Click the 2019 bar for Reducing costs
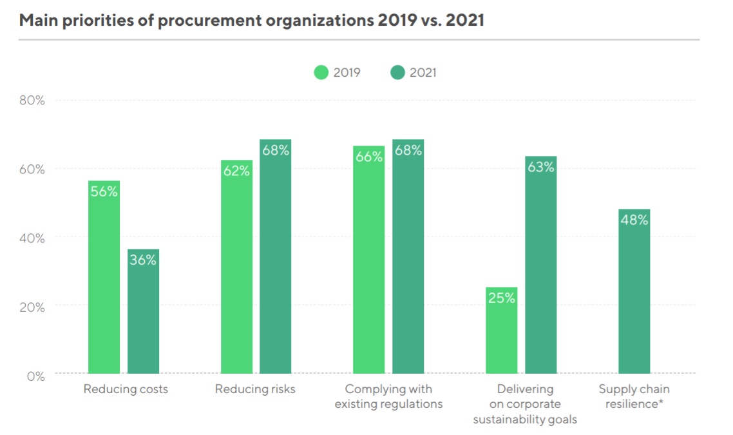[104, 277]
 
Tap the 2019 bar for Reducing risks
[236, 267]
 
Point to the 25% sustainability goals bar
[502, 330]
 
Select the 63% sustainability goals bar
[541, 265]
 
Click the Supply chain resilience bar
[634, 291]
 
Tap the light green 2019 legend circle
[321, 72]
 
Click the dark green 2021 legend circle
[397, 72]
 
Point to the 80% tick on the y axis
[32, 101]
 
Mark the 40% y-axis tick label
[32, 238]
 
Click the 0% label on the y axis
[35, 376]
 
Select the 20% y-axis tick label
[32, 307]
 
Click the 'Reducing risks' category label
[255, 389]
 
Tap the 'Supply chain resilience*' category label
[634, 396]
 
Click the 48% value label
[634, 220]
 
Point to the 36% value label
[143, 260]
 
